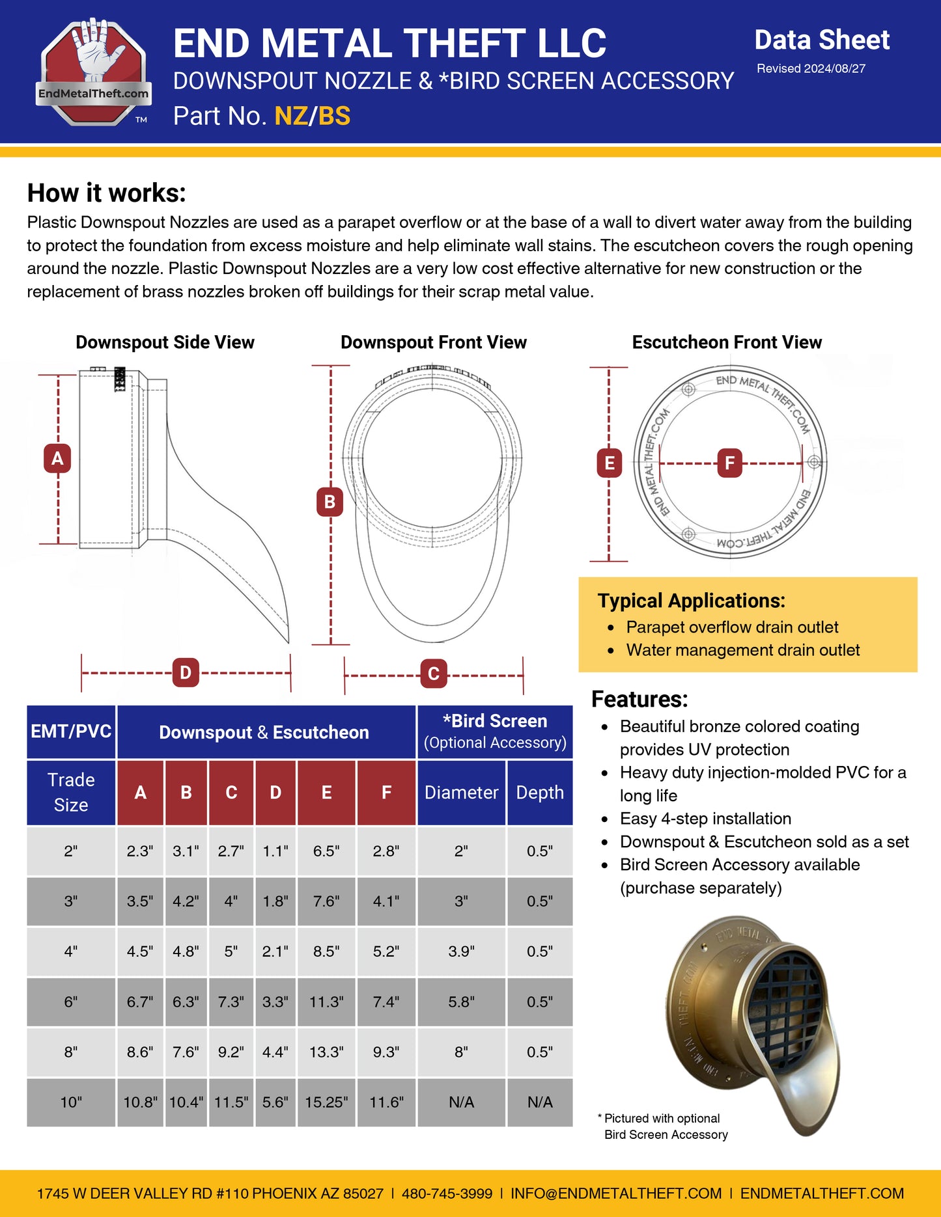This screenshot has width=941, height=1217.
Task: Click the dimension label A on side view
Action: point(57,458)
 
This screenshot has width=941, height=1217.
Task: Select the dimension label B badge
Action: point(330,502)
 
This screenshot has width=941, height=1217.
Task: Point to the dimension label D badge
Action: point(186,673)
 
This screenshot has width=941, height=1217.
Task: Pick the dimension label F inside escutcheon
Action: point(729,463)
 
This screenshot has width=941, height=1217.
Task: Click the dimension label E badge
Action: point(609,463)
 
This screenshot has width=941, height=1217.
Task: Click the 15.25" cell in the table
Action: point(326,1102)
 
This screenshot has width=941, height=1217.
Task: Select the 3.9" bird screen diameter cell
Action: point(461,951)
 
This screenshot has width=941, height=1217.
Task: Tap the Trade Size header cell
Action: point(71,792)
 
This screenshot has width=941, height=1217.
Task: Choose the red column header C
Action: point(231,792)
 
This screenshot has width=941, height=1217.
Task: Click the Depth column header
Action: point(540,792)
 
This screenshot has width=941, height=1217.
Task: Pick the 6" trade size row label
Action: point(71,1002)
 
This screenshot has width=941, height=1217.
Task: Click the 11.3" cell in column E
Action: point(326,1002)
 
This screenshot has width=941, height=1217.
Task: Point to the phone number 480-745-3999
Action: point(447,1194)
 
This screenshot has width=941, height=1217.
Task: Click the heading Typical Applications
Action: point(692,601)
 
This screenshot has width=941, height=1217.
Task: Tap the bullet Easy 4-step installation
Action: point(705,819)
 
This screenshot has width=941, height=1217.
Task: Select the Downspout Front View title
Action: point(434,342)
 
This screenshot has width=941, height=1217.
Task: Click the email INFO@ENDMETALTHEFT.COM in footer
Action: point(616,1194)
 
